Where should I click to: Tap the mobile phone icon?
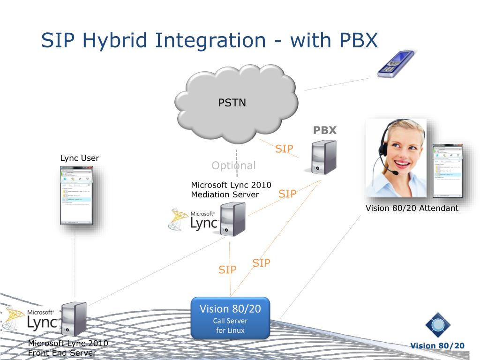click(x=396, y=64)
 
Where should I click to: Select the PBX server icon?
click(x=323, y=158)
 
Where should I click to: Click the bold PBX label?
click(x=325, y=130)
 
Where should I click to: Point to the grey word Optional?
click(x=233, y=165)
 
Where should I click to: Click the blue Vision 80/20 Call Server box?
click(x=230, y=317)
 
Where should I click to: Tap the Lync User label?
click(x=80, y=158)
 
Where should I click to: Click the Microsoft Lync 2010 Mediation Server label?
click(x=231, y=189)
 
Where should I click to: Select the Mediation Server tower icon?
click(x=233, y=218)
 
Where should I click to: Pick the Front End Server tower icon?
click(x=74, y=319)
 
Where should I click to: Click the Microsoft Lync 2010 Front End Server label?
click(x=68, y=348)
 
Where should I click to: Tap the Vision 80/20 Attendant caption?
click(x=412, y=208)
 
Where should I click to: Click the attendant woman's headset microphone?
click(x=395, y=172)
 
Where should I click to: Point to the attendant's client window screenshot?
click(x=447, y=170)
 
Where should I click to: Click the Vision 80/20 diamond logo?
click(x=438, y=325)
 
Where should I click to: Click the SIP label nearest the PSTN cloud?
click(x=284, y=149)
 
